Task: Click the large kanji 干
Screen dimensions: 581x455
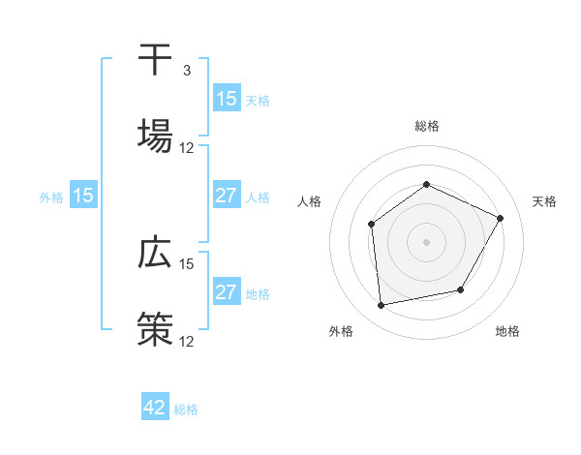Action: click(x=155, y=60)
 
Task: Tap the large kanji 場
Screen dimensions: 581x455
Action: click(x=155, y=136)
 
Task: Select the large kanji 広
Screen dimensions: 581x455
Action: click(x=155, y=253)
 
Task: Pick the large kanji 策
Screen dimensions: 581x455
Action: click(x=155, y=329)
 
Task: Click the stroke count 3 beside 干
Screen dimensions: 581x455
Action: click(x=186, y=71)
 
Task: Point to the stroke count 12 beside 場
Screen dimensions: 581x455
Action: click(x=187, y=148)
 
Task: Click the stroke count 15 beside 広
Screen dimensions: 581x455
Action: click(x=187, y=263)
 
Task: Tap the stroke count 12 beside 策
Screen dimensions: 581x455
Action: click(x=187, y=342)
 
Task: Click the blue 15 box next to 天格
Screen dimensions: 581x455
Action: click(x=226, y=99)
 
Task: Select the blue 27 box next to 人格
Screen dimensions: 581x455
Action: click(x=226, y=197)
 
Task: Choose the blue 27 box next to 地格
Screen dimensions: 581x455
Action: click(x=226, y=293)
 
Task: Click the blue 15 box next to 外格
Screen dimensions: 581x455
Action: click(x=83, y=197)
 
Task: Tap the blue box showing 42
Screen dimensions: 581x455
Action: click(x=155, y=408)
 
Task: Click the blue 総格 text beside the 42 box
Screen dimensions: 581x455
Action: click(x=186, y=409)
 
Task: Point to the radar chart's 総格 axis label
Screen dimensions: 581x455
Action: click(x=426, y=126)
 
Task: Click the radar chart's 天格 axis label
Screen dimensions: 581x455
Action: click(x=544, y=201)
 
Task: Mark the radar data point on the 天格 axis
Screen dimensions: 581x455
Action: click(x=500, y=218)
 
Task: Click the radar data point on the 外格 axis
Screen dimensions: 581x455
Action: click(x=382, y=305)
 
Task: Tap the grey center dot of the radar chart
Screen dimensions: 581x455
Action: click(x=426, y=241)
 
